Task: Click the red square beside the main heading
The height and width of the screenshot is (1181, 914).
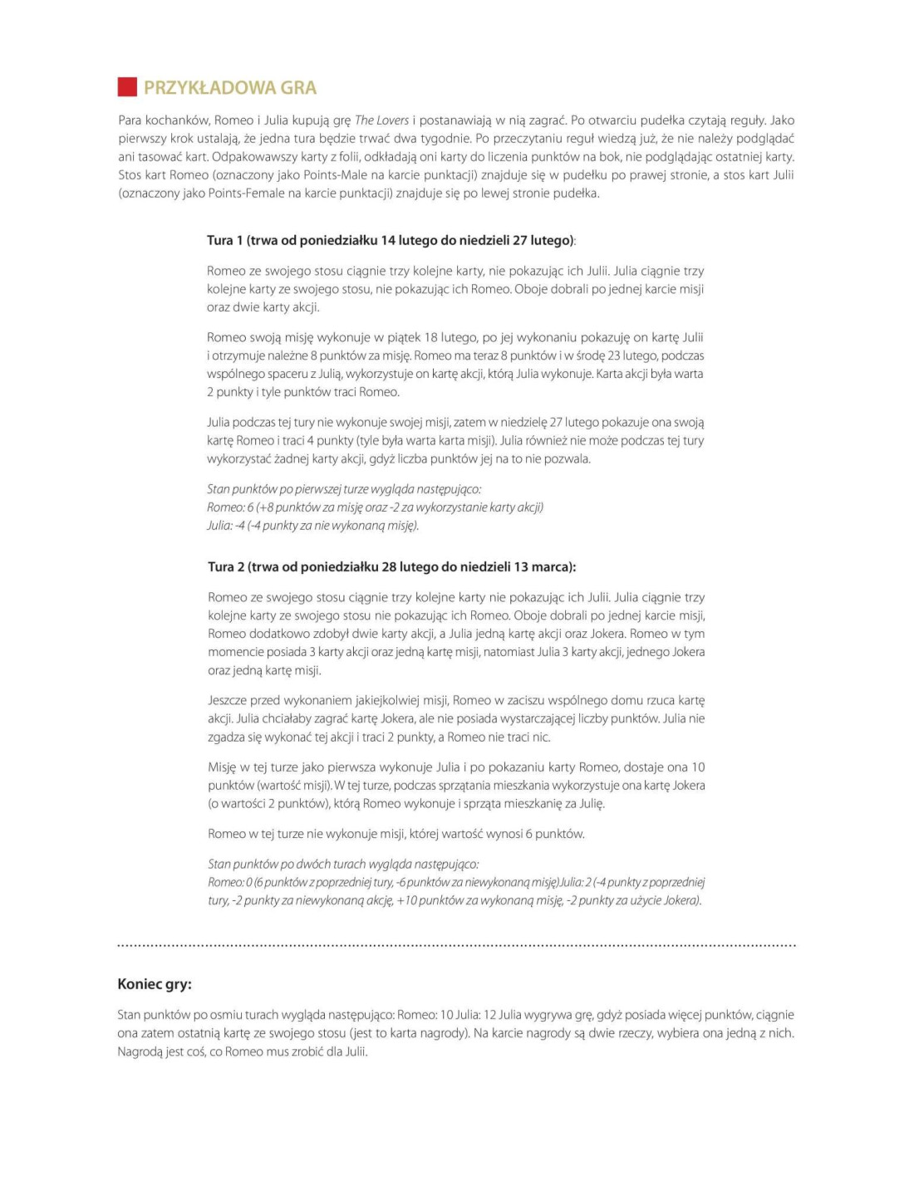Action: (x=127, y=87)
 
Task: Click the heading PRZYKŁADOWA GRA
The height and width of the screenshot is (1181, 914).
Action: (x=230, y=87)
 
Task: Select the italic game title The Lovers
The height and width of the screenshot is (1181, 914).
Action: (x=381, y=120)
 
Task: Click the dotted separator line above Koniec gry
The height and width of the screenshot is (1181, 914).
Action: (x=456, y=945)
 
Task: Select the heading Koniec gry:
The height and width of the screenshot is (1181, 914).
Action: (x=155, y=984)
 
